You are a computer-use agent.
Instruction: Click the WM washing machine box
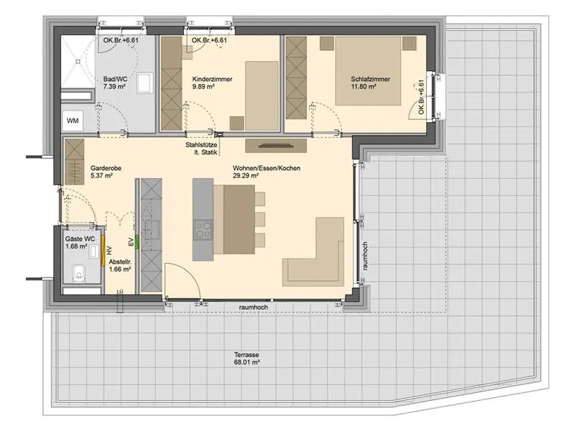coord(73,121)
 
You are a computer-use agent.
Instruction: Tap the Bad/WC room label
coord(115,79)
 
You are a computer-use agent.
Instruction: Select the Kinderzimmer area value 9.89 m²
coord(203,87)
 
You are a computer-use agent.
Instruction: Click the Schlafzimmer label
coord(370,79)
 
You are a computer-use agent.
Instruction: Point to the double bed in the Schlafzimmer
coord(367,70)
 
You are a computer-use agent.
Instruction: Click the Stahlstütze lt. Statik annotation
coord(201,149)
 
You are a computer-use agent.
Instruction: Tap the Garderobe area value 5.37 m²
coord(101,175)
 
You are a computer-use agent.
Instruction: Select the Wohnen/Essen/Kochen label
coord(267,168)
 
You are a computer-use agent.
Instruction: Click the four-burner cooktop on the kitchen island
coord(203,229)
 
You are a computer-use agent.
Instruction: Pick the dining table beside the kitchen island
coord(239,219)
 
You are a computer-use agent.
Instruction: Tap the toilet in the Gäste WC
coord(78,272)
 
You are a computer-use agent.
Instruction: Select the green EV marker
coord(137,243)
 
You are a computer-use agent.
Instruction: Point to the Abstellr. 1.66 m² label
coord(120,266)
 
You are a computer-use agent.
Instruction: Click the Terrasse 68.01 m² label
coord(247,358)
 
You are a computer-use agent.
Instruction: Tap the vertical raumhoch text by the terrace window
coord(365,256)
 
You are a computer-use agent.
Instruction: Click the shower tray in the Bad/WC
coord(78,62)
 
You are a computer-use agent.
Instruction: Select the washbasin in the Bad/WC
coord(145,83)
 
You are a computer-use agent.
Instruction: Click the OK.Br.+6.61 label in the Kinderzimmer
coord(209,40)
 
